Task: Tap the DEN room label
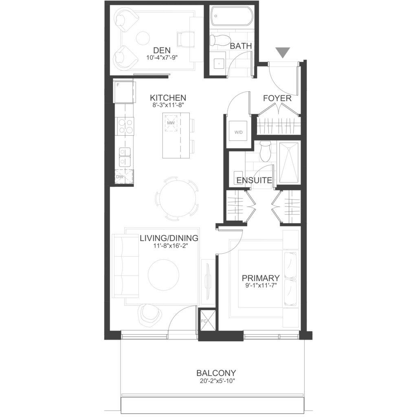(x=162, y=50)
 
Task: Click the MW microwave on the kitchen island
(x=171, y=123)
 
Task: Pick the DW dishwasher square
(x=124, y=176)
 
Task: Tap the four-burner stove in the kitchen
(x=125, y=126)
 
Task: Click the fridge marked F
(x=124, y=92)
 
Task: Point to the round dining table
(x=177, y=199)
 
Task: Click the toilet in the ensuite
(x=265, y=151)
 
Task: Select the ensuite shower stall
(x=289, y=163)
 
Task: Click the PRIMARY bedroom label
(x=261, y=278)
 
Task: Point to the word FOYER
(x=277, y=99)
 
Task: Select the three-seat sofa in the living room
(x=126, y=266)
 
